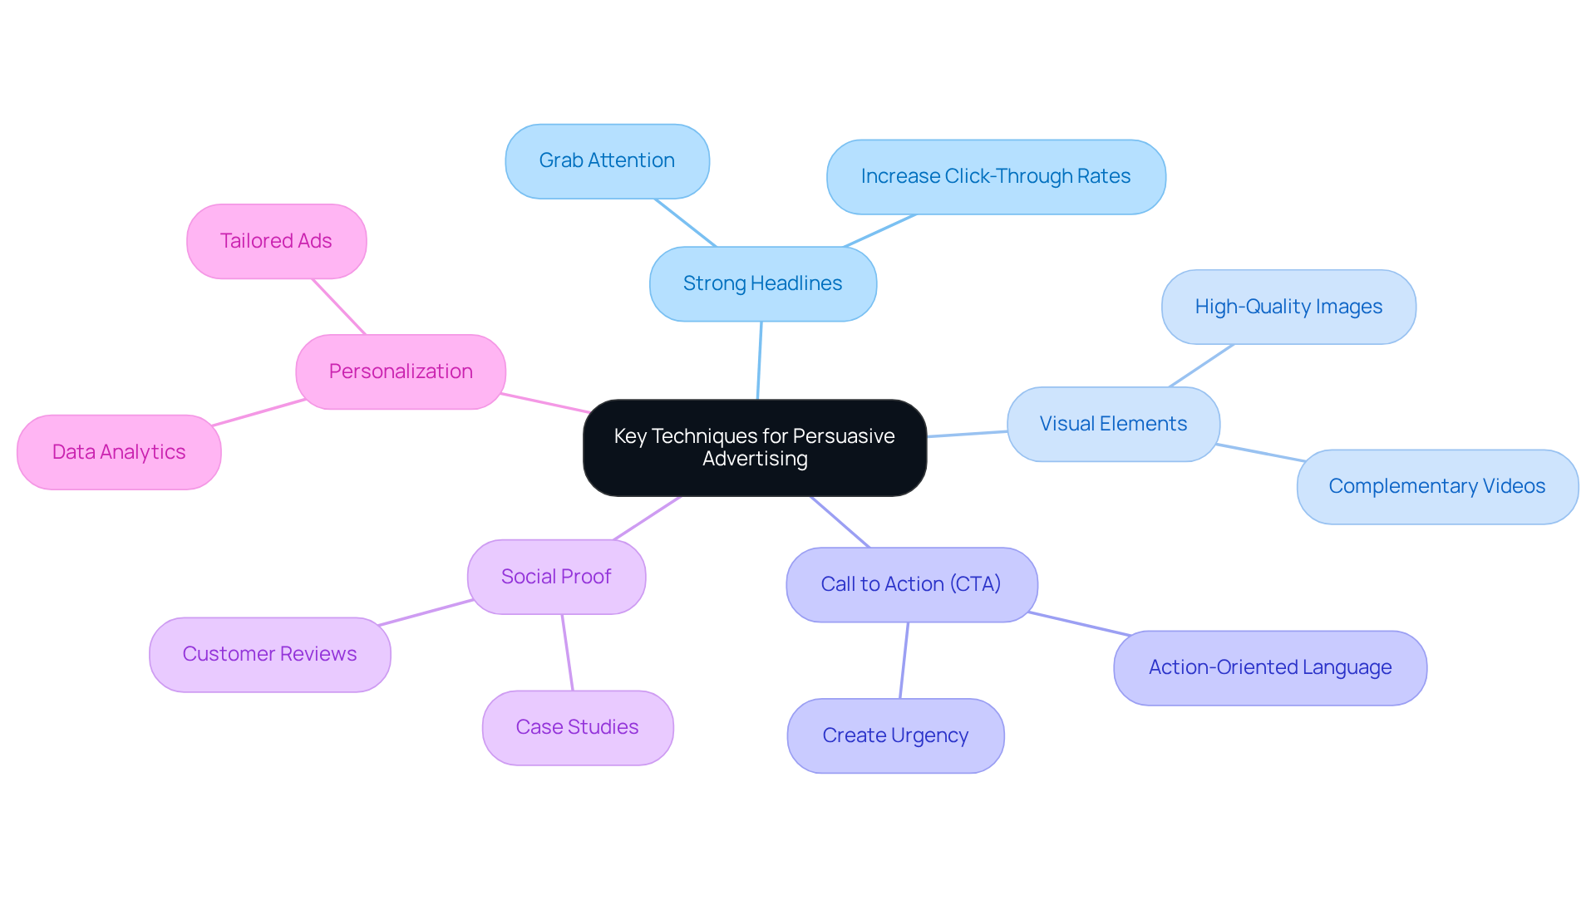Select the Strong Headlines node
pos(762,283)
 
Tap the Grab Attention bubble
pos(607,160)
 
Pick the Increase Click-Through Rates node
pos(995,176)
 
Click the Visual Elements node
pos(1112,424)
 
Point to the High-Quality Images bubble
pos(1288,307)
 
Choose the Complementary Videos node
pos(1436,486)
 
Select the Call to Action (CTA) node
pos(910,584)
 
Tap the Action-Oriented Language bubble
pos(1269,667)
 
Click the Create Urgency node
pos(895,735)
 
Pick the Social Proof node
pos(555,577)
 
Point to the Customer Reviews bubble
pos(269,654)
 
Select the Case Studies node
pos(577,727)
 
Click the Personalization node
pos(400,371)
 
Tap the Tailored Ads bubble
pos(276,241)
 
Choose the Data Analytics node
pos(119,452)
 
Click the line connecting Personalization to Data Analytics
pos(259,412)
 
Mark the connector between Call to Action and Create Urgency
pos(904,661)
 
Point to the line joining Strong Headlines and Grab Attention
pos(685,222)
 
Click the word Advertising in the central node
pos(755,459)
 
